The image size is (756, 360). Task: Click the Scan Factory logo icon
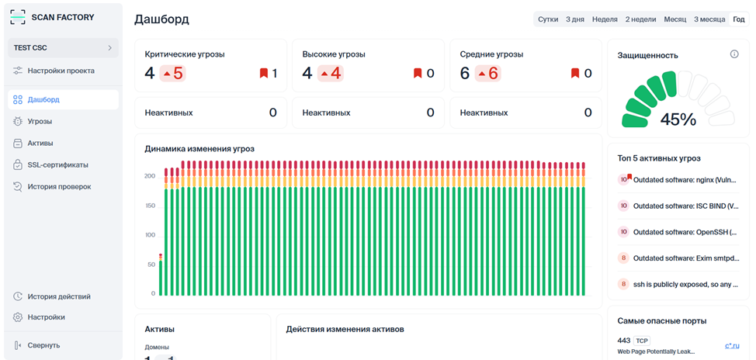pos(18,16)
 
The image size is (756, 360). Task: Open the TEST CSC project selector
pos(63,48)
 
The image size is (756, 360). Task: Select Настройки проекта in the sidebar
pos(61,71)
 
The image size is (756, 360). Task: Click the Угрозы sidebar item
pos(40,121)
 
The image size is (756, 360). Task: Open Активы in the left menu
pos(40,143)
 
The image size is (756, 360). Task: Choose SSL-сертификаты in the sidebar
pos(57,164)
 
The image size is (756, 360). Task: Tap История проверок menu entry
pos(59,186)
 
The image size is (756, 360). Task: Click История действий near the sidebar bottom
pos(59,296)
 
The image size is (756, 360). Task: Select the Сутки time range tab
pos(548,19)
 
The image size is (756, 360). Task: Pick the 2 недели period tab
pos(640,19)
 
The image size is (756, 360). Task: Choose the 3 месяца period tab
pos(709,19)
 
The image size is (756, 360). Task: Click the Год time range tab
pos(738,19)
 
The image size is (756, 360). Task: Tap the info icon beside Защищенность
pos(734,54)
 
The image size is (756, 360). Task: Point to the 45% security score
pos(678,119)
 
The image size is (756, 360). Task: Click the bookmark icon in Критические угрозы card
pos(264,74)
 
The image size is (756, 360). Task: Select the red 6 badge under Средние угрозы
pos(488,74)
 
